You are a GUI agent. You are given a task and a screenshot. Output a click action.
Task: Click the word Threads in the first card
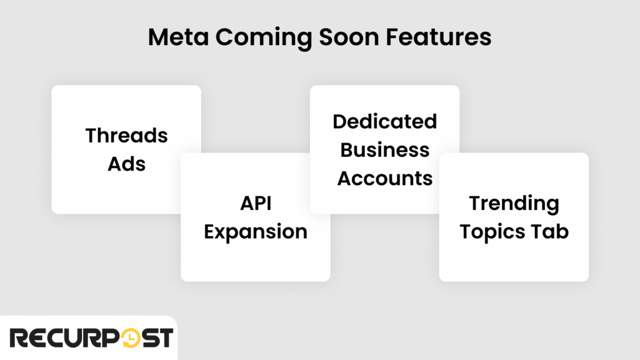pos(126,136)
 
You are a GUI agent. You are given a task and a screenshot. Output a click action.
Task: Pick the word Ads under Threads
pos(126,164)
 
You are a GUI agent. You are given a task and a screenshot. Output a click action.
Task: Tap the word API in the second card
pos(256,203)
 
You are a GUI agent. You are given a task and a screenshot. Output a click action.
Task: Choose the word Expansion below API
pos(256,232)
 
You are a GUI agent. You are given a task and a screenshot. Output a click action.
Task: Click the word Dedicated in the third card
pos(384,121)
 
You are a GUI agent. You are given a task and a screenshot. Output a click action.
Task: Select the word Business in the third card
pos(384,150)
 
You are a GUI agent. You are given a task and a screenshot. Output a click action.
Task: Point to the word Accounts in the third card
pos(384,179)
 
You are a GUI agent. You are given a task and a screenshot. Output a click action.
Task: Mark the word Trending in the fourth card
pos(514,203)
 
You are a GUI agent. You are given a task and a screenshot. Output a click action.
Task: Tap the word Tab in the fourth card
pos(550,232)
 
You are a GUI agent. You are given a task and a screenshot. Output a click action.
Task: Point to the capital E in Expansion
pos(211,232)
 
